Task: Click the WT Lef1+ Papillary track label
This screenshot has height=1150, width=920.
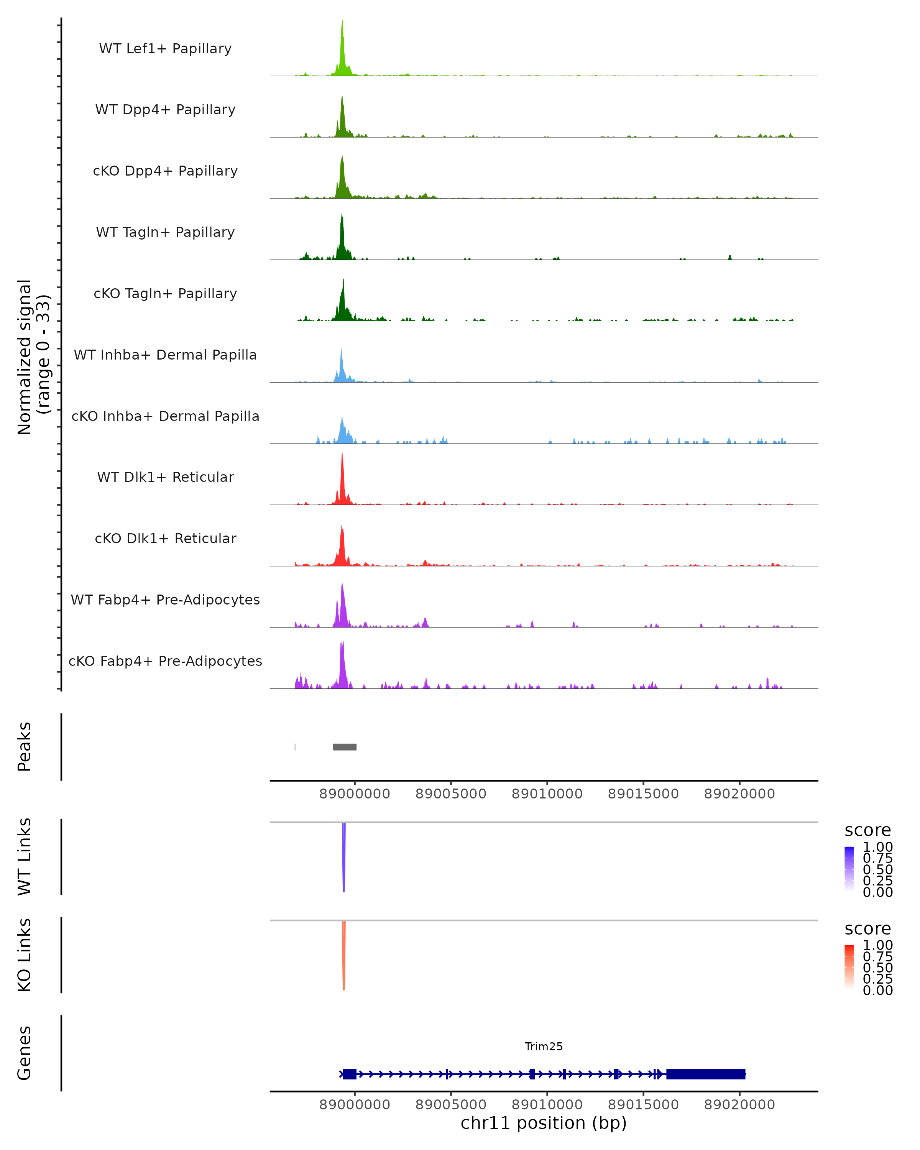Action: pos(165,49)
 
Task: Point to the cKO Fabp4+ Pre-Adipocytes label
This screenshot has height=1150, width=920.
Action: pos(165,661)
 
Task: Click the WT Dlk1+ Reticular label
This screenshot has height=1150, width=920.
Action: pos(165,477)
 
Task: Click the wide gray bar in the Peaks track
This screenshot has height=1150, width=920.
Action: pos(345,747)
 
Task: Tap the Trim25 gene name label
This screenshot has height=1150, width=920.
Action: pos(544,1046)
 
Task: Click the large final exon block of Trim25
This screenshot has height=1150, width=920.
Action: pos(706,1074)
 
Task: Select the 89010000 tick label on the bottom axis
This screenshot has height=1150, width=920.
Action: pos(547,1105)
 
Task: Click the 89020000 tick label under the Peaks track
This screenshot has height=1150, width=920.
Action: pos(739,794)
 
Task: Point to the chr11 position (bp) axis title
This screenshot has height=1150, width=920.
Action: pos(544,1123)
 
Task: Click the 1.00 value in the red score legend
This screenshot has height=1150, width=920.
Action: pos(878,945)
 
